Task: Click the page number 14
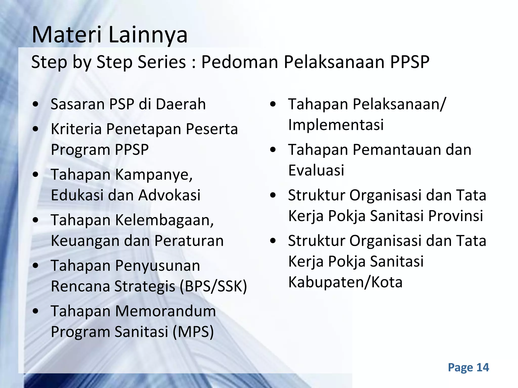(x=483, y=367)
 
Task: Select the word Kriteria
(x=76, y=129)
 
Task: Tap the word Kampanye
(x=154, y=175)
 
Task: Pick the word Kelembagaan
(x=164, y=220)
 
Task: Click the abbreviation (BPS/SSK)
(x=213, y=286)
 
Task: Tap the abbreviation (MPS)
(x=193, y=332)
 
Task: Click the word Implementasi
(x=336, y=125)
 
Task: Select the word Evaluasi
(x=316, y=170)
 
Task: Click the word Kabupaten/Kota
(x=345, y=282)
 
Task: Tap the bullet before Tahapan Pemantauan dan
(x=273, y=150)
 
